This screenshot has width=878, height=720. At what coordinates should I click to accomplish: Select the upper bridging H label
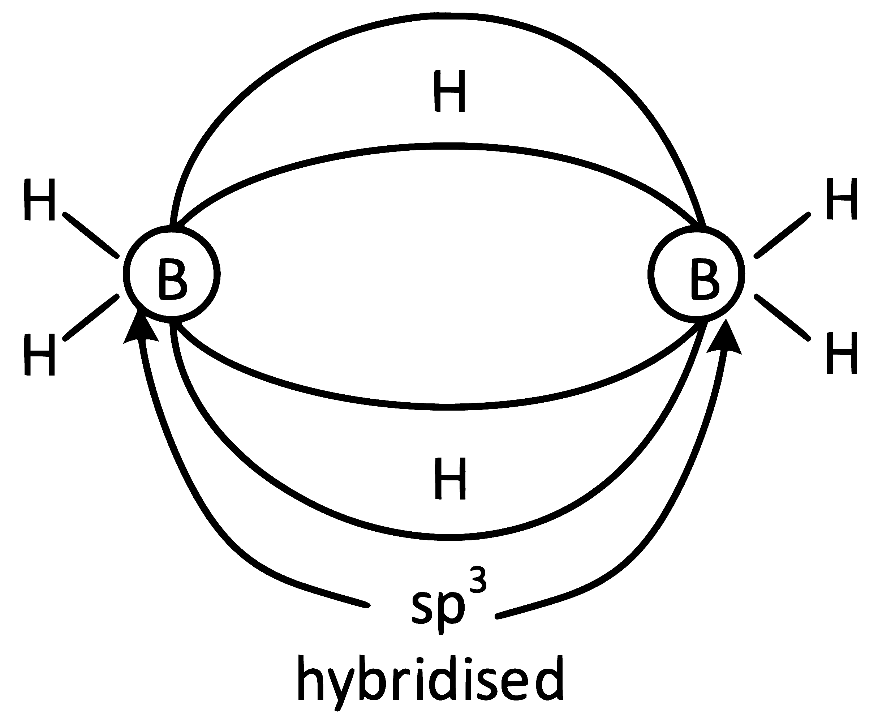(450, 91)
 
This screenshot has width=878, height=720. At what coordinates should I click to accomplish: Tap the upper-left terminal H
(39, 200)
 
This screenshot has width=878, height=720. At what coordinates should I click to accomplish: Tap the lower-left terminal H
(39, 355)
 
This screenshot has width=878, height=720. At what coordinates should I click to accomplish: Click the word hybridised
(431, 678)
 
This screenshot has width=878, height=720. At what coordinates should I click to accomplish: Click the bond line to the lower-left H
(91, 318)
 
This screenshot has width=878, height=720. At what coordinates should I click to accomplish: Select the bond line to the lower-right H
(782, 318)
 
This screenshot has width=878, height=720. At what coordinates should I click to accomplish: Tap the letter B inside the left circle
(172, 278)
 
